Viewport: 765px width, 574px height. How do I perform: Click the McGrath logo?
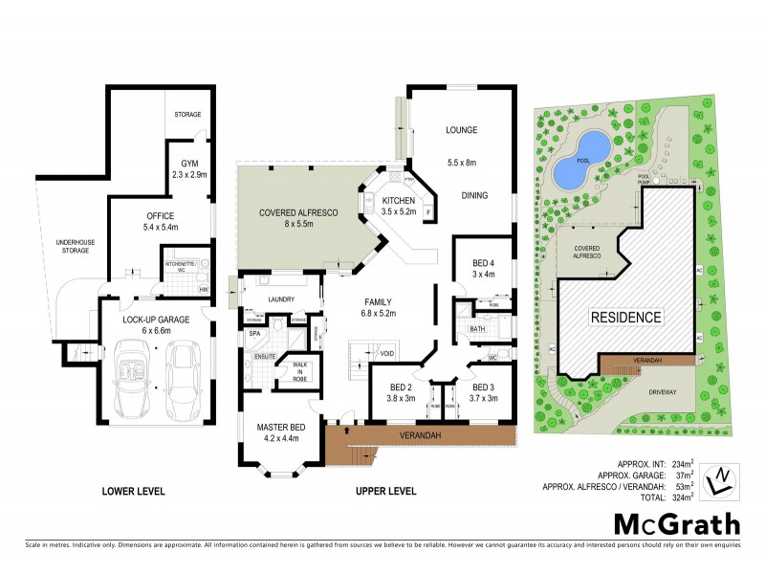676,523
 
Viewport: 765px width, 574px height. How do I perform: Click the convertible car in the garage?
132,375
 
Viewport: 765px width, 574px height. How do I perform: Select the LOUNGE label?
461,130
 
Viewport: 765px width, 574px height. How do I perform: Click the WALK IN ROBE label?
292,369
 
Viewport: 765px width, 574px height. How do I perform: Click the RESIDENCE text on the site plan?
625,317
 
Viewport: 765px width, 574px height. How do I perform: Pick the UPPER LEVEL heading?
385,491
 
